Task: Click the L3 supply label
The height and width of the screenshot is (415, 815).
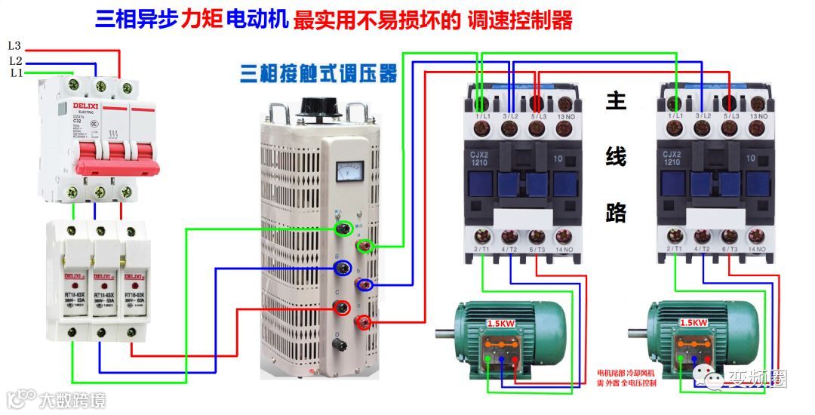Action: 14,46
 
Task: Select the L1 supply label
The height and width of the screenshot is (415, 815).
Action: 16,73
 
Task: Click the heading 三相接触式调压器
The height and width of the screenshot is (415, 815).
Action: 318,74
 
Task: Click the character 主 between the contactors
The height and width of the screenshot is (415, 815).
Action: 616,102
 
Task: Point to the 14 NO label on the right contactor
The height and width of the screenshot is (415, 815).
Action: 758,248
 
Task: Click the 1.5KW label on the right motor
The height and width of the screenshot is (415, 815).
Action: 694,322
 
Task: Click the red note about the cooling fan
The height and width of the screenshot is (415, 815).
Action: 626,378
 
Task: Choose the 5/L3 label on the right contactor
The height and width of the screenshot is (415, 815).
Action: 730,116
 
